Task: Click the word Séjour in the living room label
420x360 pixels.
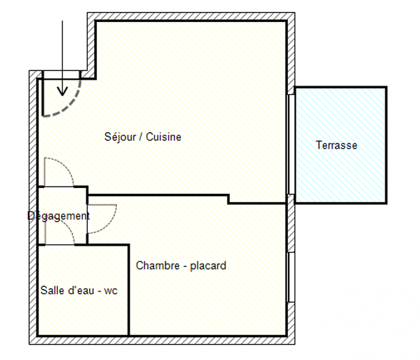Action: [120, 137]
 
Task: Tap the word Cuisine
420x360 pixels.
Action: [163, 137]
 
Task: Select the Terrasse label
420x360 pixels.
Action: [336, 145]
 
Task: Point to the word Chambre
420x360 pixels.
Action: [157, 266]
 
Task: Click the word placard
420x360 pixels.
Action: [208, 266]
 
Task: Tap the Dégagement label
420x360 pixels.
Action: [58, 216]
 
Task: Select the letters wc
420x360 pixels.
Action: [110, 291]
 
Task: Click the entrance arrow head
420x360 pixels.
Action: [62, 91]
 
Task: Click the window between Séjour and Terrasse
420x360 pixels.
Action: [291, 144]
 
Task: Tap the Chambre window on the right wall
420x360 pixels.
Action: [291, 277]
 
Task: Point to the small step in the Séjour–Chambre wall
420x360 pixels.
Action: [228, 199]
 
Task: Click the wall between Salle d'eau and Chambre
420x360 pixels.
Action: [129, 290]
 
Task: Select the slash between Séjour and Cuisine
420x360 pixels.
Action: [141, 137]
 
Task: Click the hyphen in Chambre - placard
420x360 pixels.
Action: [185, 266]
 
